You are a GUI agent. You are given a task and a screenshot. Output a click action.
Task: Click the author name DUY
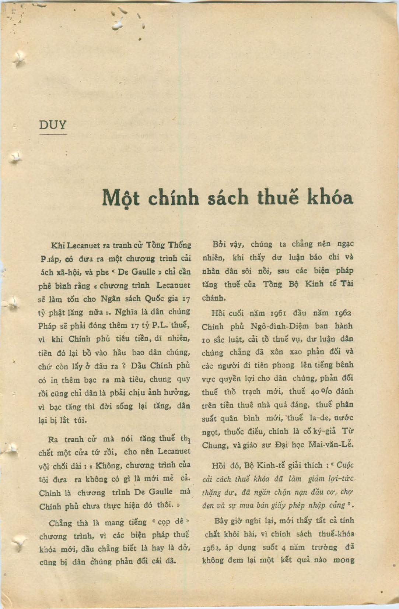53,125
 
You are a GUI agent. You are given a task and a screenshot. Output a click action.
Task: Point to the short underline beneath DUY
53,134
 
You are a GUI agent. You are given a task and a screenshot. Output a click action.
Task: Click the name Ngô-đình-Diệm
290,327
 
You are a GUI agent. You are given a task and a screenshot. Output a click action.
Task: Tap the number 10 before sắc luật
206,340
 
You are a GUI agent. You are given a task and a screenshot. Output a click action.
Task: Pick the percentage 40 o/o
319,392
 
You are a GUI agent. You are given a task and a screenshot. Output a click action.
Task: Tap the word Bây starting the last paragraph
221,521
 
